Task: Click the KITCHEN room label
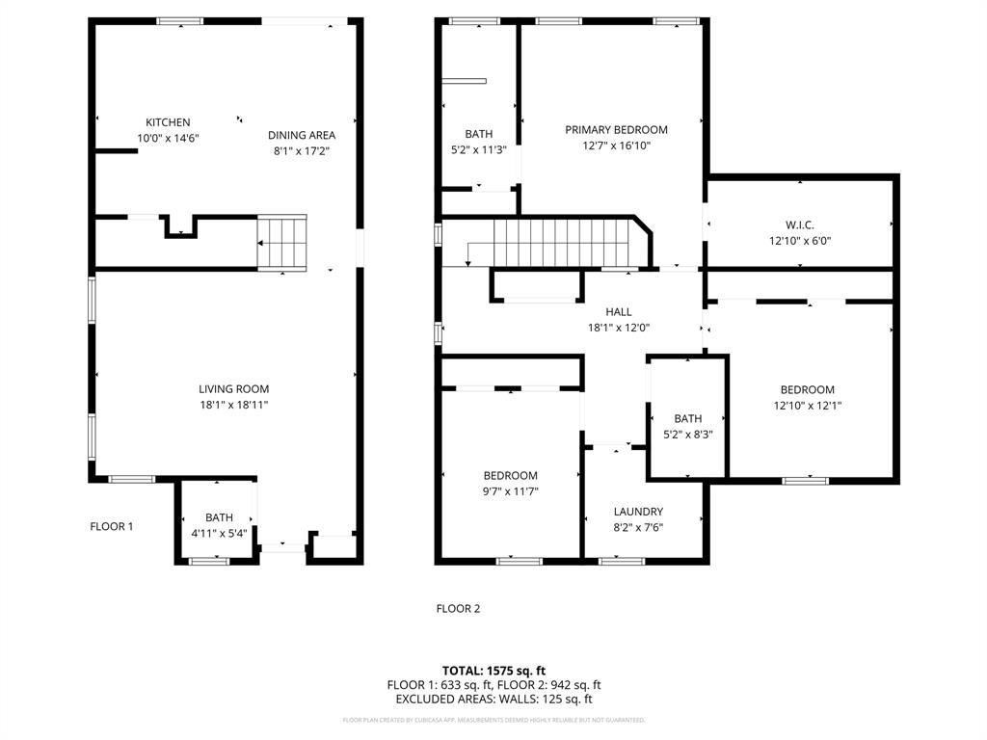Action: pos(168,122)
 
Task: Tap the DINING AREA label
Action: pos(302,135)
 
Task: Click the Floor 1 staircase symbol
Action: pos(281,243)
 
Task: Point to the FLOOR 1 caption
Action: pos(112,526)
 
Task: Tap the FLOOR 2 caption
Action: pos(458,608)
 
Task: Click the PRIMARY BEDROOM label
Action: pos(616,129)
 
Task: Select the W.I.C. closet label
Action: pos(799,225)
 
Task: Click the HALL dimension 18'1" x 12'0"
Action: pos(618,327)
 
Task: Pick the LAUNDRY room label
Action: pos(638,511)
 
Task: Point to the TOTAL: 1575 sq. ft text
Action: pos(493,670)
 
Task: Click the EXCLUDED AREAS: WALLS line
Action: pos(493,699)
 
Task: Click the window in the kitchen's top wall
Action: pos(180,20)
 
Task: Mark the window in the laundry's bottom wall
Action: pos(622,560)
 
